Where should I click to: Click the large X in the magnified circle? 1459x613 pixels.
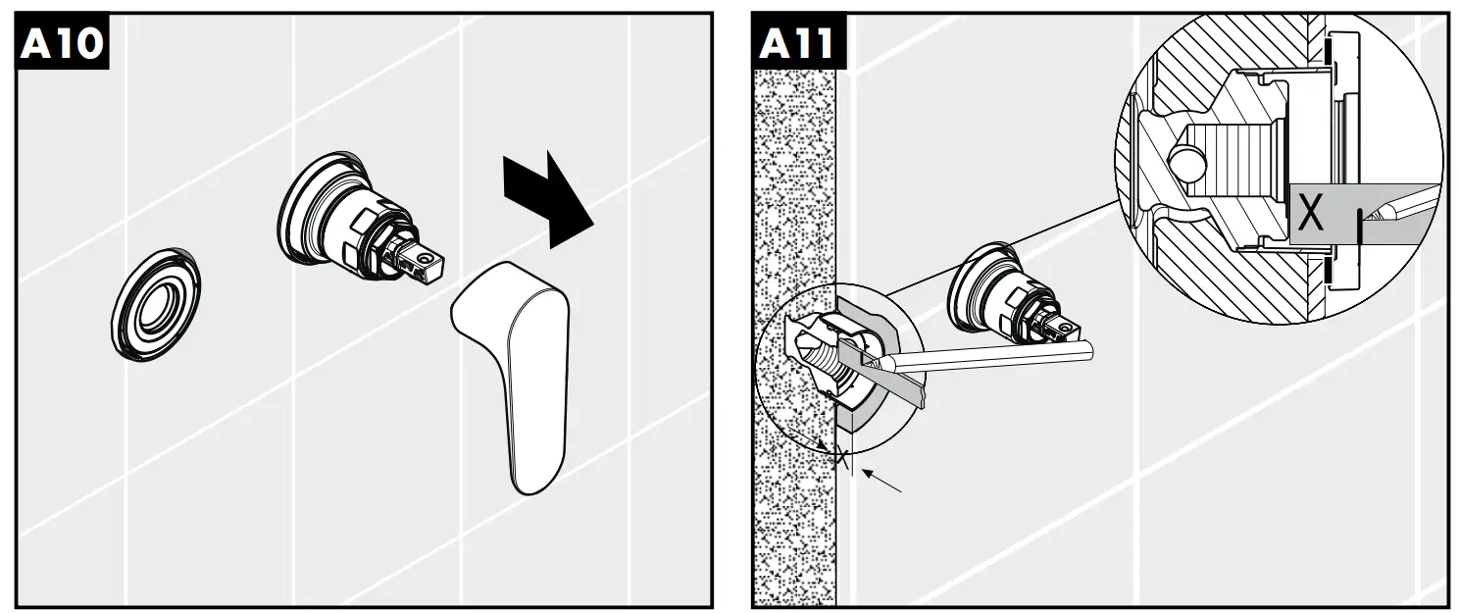coord(1310,214)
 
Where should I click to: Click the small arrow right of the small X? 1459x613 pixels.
coord(881,480)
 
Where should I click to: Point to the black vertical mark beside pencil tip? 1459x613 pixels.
coord(1359,225)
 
